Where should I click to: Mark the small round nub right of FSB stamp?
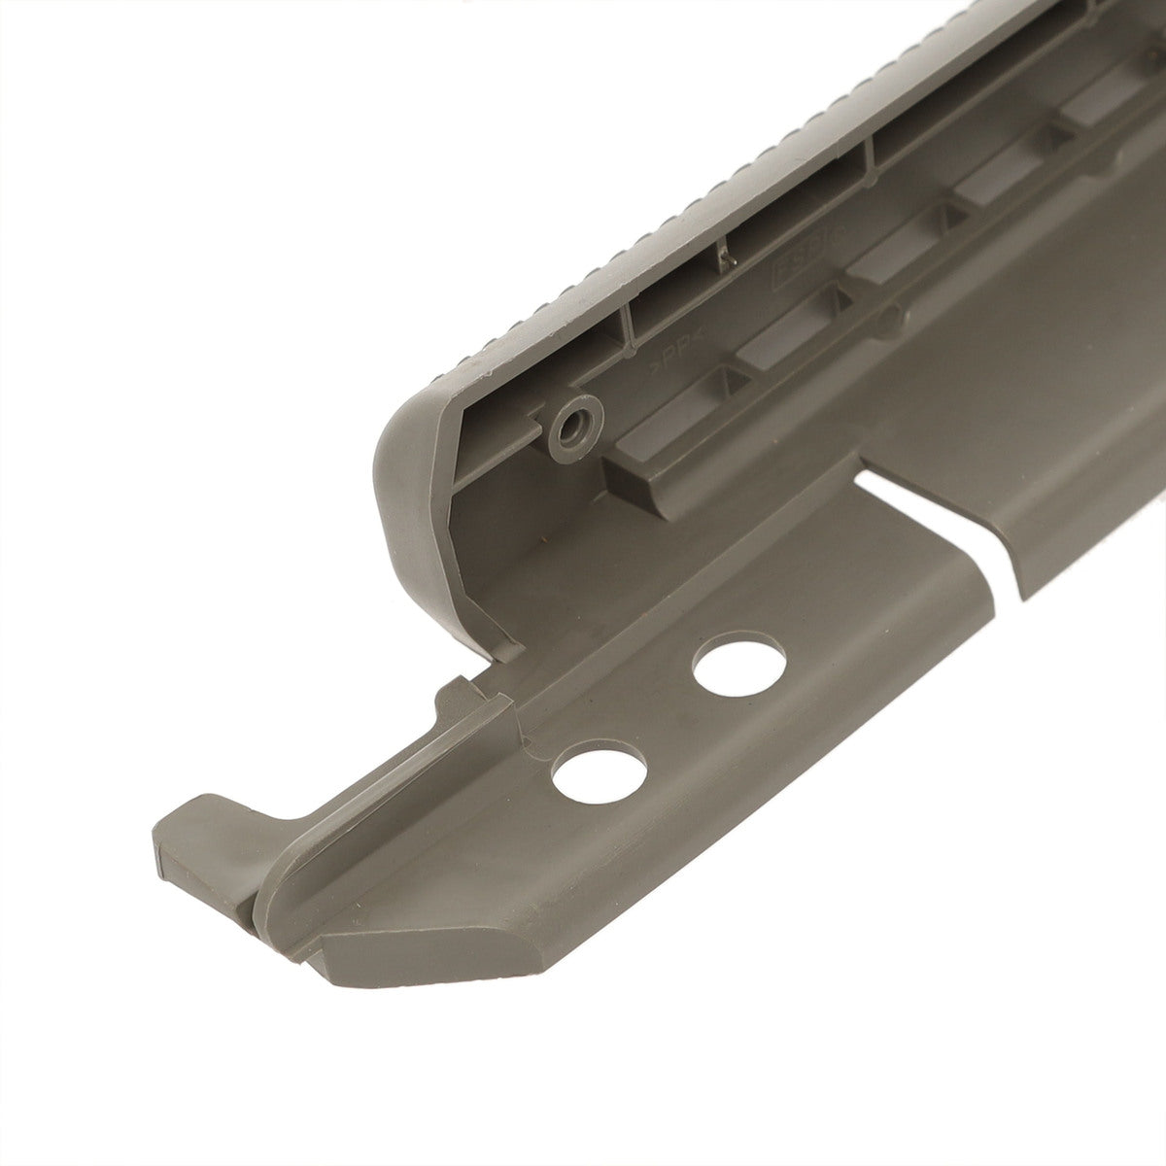888,316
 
